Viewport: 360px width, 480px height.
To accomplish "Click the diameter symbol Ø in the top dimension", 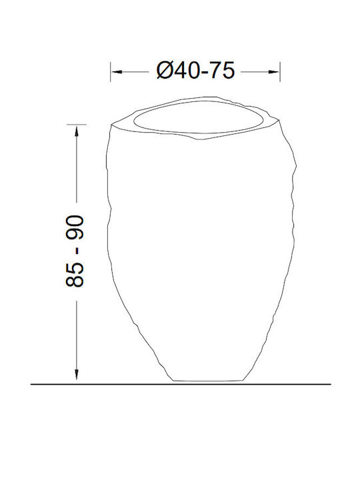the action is click(x=165, y=71).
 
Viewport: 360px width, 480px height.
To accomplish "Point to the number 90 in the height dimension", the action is click(x=75, y=228).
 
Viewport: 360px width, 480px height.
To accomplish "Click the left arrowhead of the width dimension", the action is click(x=117, y=71).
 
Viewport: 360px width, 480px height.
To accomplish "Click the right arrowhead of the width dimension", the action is click(x=274, y=71).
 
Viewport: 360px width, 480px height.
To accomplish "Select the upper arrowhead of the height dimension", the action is click(x=76, y=131).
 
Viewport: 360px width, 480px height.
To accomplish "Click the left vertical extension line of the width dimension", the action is click(x=111, y=71).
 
